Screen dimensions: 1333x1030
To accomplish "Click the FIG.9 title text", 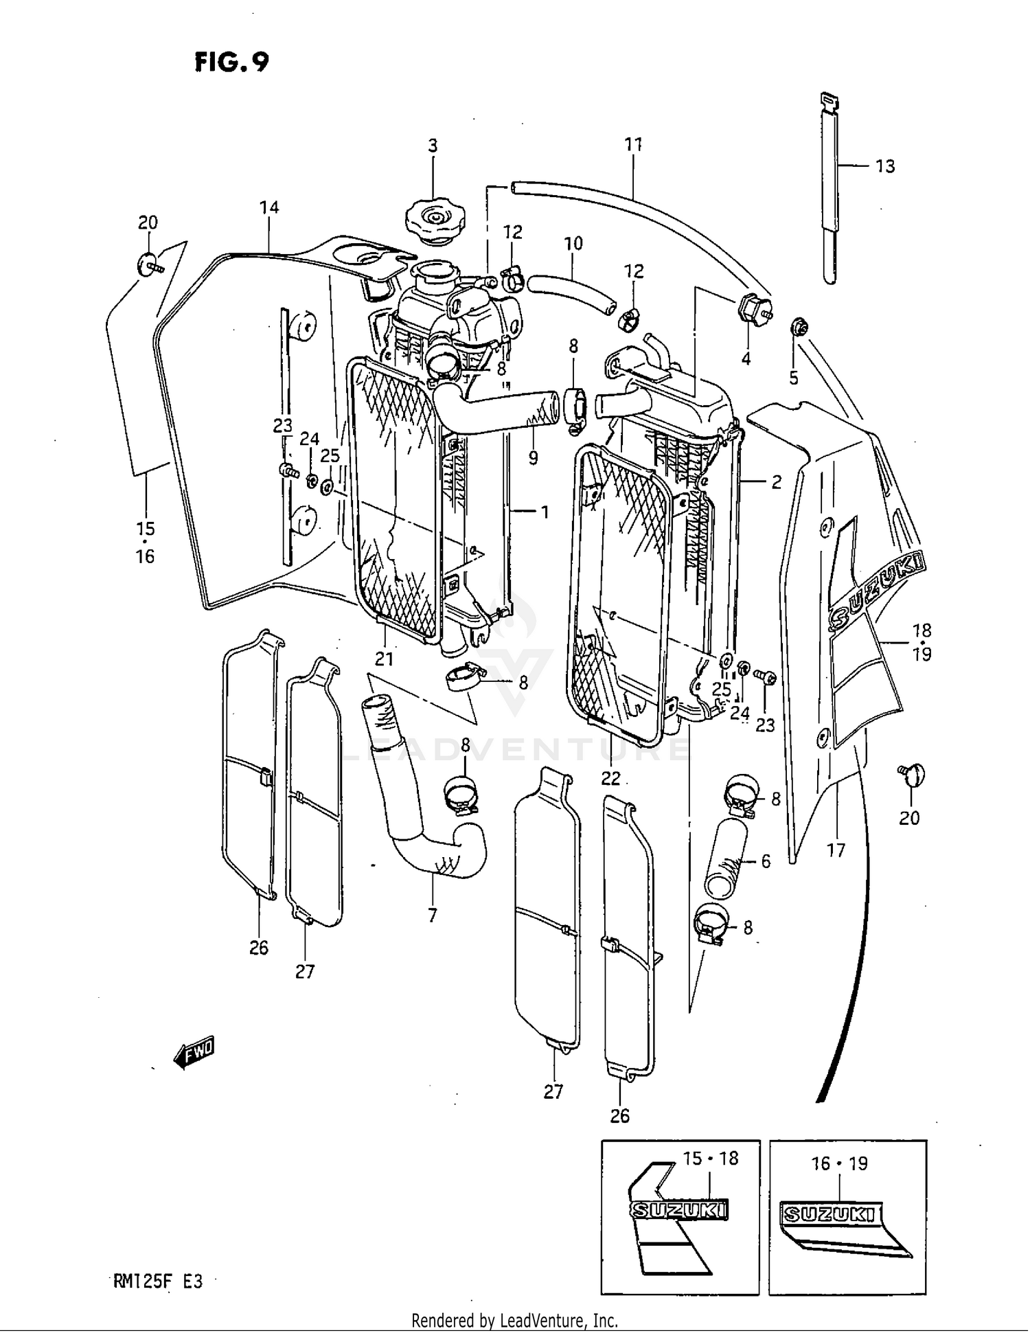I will pos(231,62).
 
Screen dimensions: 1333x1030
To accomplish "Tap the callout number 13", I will pos(885,166).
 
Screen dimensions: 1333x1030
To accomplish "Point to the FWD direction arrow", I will pos(194,1052).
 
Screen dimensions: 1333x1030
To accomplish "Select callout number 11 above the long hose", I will pos(633,144).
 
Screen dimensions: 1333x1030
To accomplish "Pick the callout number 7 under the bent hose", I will pos(433,915).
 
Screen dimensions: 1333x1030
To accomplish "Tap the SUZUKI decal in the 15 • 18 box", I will pos(679,1210).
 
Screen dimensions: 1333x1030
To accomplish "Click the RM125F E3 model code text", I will pos(158,1281).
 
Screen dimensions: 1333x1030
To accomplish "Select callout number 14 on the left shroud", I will pos(269,207).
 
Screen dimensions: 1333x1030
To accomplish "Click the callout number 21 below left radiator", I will pos(385,659).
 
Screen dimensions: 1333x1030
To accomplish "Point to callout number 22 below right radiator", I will pos(610,778).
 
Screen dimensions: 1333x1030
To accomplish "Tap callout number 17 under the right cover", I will pos(836,850).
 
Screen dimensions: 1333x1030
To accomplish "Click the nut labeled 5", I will pos(798,328).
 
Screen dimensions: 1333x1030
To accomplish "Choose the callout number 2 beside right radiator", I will pos(776,482).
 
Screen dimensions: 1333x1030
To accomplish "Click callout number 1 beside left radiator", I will pos(545,512).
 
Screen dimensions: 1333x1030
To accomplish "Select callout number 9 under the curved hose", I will pos(533,458).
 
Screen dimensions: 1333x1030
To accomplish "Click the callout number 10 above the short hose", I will pos(573,243).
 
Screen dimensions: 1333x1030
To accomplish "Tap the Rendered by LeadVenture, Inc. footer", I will pos(514,1320).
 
